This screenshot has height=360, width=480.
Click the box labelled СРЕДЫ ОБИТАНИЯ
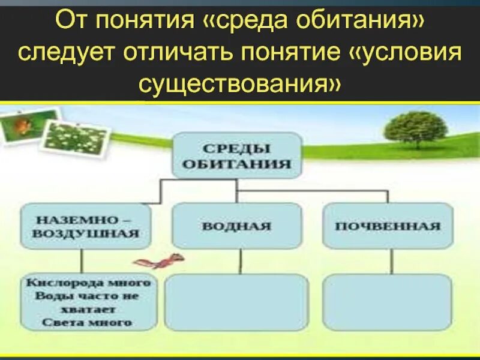[x=237, y=155]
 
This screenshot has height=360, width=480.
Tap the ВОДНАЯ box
[x=236, y=226]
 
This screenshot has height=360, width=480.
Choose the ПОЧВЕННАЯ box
[x=388, y=226]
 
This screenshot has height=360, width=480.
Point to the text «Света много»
[x=87, y=323]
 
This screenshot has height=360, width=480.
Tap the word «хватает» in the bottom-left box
[x=87, y=310]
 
